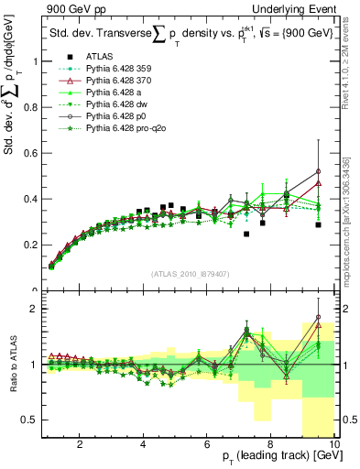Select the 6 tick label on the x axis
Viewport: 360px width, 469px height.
click(208, 443)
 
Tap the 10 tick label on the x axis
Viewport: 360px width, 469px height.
click(335, 443)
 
